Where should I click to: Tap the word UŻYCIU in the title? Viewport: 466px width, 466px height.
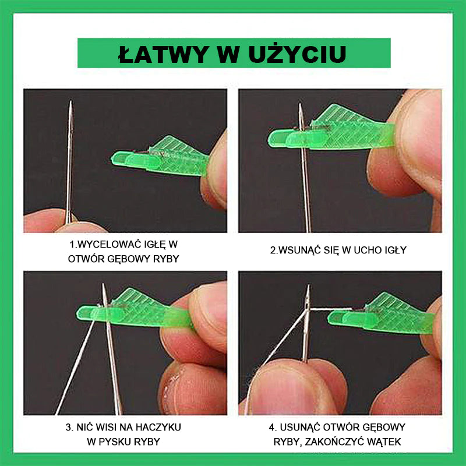(298, 54)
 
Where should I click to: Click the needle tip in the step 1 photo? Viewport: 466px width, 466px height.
(70, 101)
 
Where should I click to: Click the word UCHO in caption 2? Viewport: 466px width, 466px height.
(368, 250)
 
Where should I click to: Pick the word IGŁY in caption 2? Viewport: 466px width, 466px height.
(396, 250)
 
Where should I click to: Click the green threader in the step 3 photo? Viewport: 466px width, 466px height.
(134, 309)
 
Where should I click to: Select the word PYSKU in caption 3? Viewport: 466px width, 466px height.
(114, 442)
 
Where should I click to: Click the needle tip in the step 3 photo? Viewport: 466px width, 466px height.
(104, 284)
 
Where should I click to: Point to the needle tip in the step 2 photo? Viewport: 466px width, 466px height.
(300, 104)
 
